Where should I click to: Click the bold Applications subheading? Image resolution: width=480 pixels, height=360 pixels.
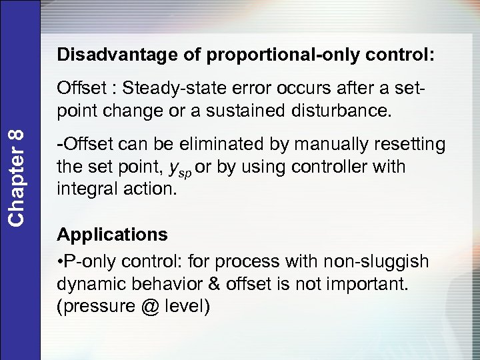112,235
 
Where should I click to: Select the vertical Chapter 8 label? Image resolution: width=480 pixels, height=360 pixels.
19,176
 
